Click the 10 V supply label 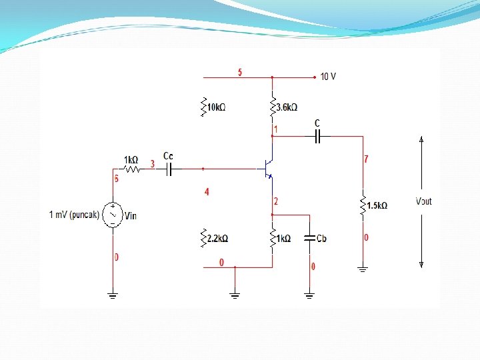click(x=328, y=77)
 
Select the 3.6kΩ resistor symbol click(x=272, y=105)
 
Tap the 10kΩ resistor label click(x=217, y=107)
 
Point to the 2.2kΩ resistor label click(x=217, y=238)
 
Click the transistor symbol click(x=268, y=167)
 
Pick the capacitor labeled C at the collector click(x=317, y=136)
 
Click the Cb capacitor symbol click(x=309, y=238)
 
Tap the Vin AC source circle click(x=113, y=215)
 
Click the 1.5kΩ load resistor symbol click(x=363, y=205)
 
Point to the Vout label click(x=423, y=201)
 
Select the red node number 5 click(x=240, y=72)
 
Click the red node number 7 click(x=365, y=159)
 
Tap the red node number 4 click(x=207, y=192)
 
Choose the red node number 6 click(x=116, y=179)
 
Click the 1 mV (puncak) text click(x=74, y=215)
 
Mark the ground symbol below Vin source click(x=113, y=294)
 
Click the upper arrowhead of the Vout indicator click(x=421, y=139)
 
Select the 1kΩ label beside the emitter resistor click(x=283, y=239)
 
